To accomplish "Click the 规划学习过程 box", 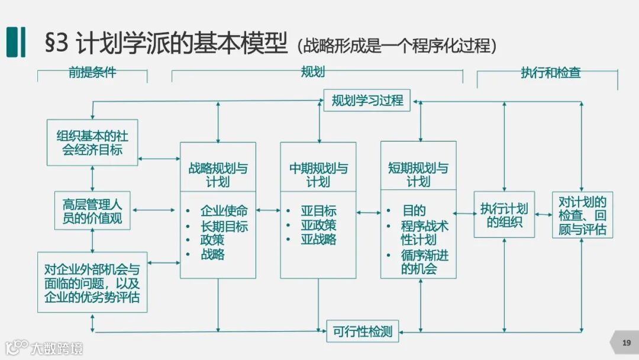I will (x=367, y=101).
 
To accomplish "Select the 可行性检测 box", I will (x=363, y=331).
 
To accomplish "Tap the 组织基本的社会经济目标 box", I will (x=92, y=143).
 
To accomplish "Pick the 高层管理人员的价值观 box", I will (x=92, y=211).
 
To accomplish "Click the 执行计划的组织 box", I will (x=504, y=215).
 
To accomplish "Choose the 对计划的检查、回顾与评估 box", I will (x=582, y=215).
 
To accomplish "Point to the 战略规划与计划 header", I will (x=218, y=174).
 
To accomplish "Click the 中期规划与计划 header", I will (x=318, y=174).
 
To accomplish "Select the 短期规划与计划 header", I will (x=418, y=174).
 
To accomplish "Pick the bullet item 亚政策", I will (x=318, y=225).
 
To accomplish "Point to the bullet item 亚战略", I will (x=318, y=240).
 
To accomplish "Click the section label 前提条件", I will (x=92, y=73).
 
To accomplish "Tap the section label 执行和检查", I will (x=550, y=73).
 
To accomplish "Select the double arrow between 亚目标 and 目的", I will (x=369, y=212).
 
